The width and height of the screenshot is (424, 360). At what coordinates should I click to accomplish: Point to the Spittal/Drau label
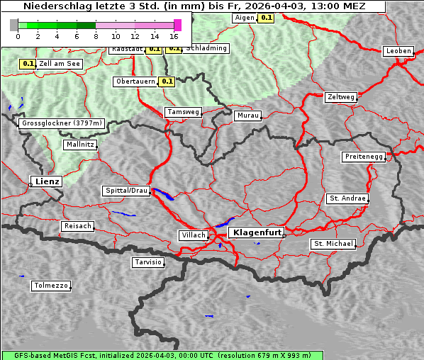pyautogui.click(x=127, y=191)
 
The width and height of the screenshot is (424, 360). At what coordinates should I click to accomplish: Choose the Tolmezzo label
pyautogui.click(x=51, y=286)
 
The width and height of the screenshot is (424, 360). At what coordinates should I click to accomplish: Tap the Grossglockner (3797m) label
pyautogui.click(x=62, y=123)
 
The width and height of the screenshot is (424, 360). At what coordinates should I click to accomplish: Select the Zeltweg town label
pyautogui.click(x=342, y=96)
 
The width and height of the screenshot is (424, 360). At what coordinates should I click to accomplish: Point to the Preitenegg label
pyautogui.click(x=364, y=157)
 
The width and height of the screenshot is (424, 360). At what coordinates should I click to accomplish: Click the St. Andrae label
pyautogui.click(x=347, y=198)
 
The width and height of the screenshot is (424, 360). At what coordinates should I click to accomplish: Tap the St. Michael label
pyautogui.click(x=333, y=244)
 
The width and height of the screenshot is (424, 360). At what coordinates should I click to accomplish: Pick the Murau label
pyautogui.click(x=248, y=115)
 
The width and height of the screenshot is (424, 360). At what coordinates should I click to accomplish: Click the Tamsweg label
pyautogui.click(x=183, y=112)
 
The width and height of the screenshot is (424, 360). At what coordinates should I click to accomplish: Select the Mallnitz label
pyautogui.click(x=79, y=145)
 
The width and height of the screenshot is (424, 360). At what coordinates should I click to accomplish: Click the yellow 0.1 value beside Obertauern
pyautogui.click(x=167, y=81)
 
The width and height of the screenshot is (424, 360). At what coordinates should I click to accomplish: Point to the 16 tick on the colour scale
pyautogui.click(x=174, y=35)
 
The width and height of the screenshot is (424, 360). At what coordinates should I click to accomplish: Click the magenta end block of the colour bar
pyautogui.click(x=177, y=25)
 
